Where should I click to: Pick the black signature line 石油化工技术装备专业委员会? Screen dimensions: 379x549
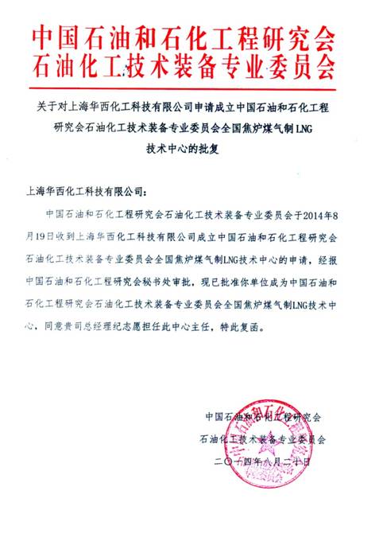pyautogui.click(x=263, y=438)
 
